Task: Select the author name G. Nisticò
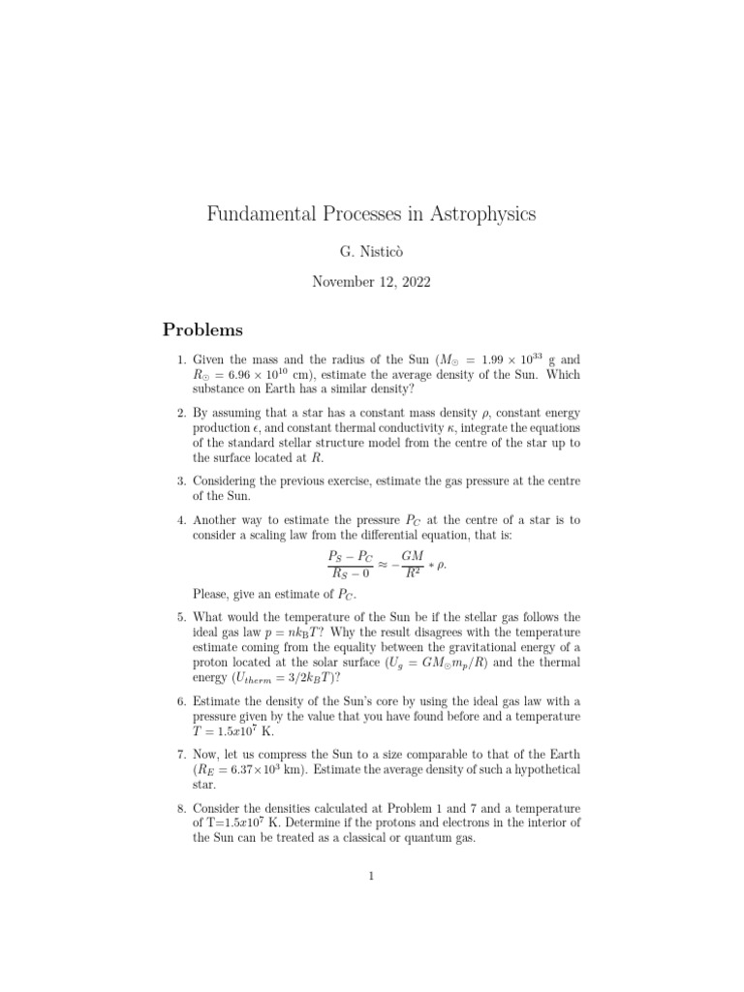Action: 371,252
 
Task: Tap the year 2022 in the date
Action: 412,283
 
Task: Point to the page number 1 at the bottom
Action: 371,878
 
